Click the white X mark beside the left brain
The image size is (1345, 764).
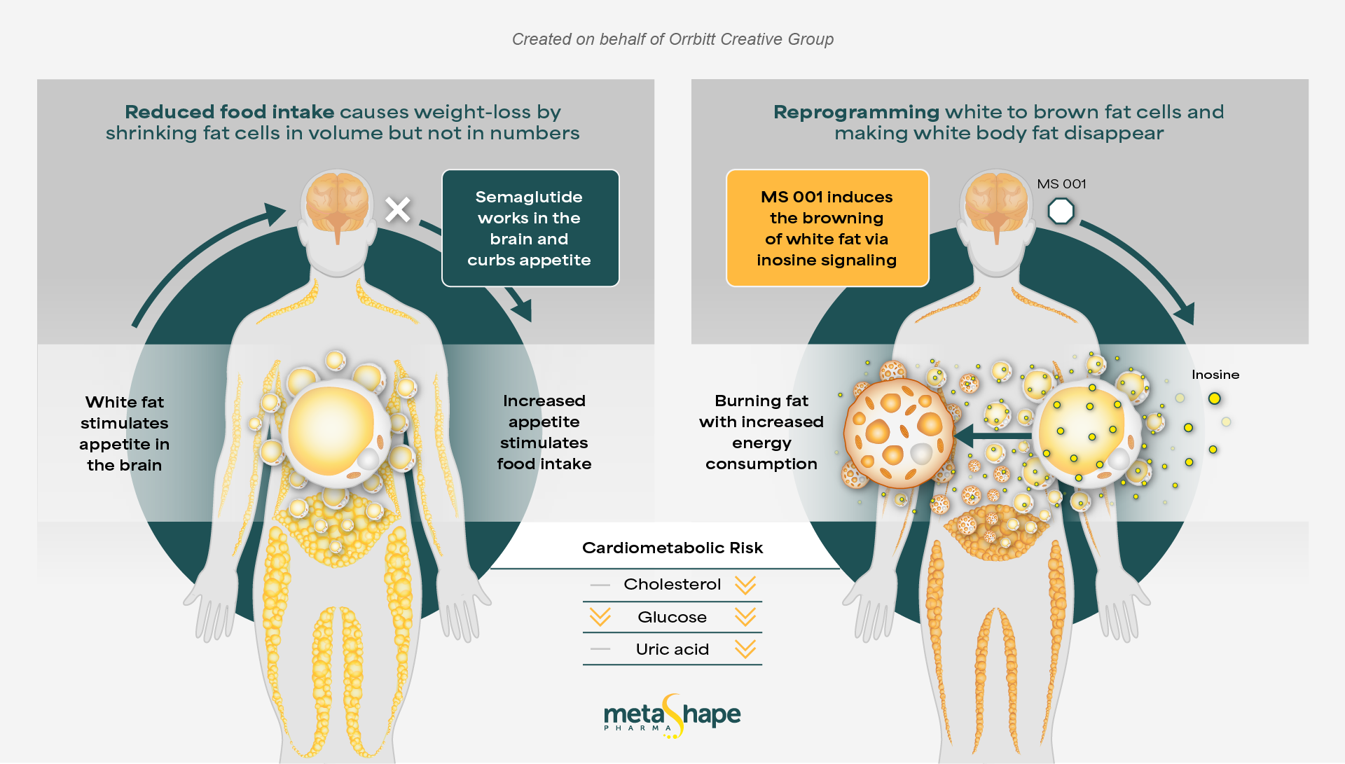pyautogui.click(x=398, y=209)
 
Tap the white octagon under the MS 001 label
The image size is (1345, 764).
pyautogui.click(x=1061, y=211)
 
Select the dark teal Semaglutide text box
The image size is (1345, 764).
pyautogui.click(x=530, y=228)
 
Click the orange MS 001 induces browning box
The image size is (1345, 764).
pyautogui.click(x=827, y=228)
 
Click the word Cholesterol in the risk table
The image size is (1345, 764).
pyautogui.click(x=672, y=584)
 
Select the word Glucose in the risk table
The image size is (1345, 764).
pyautogui.click(x=672, y=617)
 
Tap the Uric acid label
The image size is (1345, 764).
pyautogui.click(x=672, y=649)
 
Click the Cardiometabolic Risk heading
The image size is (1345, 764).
pyautogui.click(x=672, y=548)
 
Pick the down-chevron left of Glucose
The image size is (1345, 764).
pyautogui.click(x=600, y=617)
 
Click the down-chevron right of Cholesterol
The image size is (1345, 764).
pyautogui.click(x=745, y=585)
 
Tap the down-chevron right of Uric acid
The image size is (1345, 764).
pyautogui.click(x=745, y=649)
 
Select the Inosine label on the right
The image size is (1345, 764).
pyautogui.click(x=1215, y=375)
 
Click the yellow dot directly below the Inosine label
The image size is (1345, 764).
pyautogui.click(x=1215, y=398)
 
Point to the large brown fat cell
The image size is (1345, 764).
pyautogui.click(x=898, y=434)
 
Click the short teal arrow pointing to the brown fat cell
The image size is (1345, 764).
pyautogui.click(x=991, y=436)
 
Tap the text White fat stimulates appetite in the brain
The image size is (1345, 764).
pyautogui.click(x=125, y=433)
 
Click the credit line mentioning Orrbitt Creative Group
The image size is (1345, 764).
pyautogui.click(x=672, y=39)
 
